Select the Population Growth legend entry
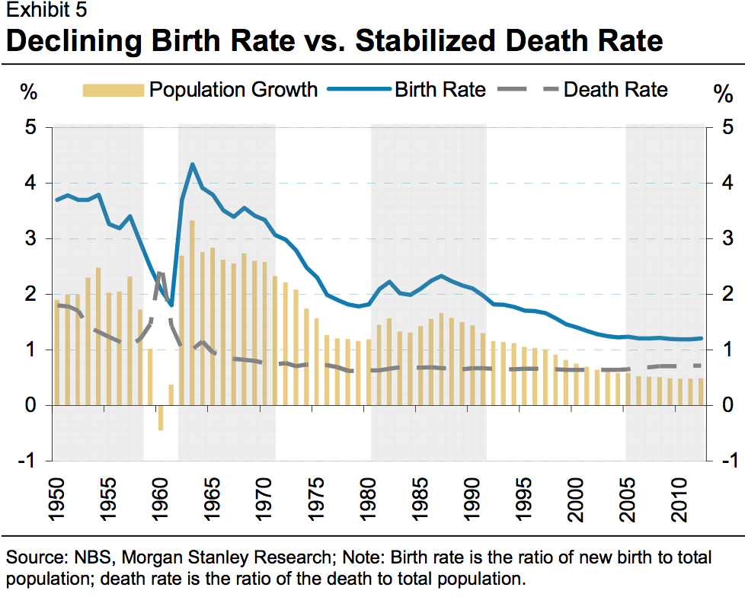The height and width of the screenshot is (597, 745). click(200, 90)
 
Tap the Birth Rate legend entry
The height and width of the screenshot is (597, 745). click(407, 90)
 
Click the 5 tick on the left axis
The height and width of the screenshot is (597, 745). click(30, 127)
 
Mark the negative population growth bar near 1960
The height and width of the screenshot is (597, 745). click(161, 418)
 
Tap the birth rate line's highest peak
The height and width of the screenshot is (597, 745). click(193, 164)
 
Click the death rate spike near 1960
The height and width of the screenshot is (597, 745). click(160, 273)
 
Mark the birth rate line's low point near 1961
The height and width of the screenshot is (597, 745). click(171, 305)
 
